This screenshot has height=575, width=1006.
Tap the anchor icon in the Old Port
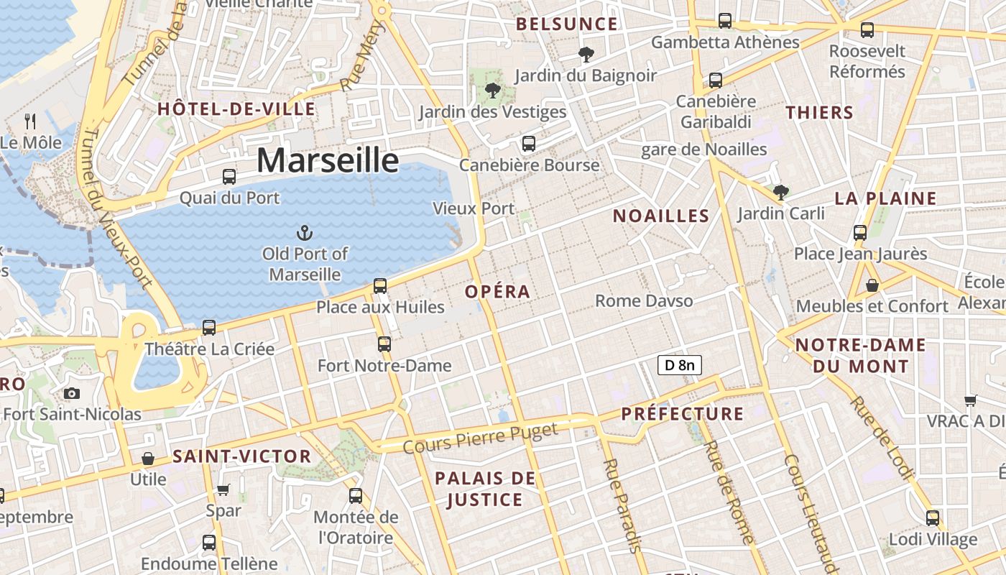[x=305, y=232]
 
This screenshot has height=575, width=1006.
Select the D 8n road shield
[x=679, y=365]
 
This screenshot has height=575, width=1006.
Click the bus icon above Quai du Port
[x=229, y=176]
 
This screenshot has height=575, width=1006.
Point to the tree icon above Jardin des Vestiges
[x=492, y=90]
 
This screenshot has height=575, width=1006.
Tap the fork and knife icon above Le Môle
[x=30, y=120]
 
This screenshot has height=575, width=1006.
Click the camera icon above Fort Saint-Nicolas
[x=72, y=393]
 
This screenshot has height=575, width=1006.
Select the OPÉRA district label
[x=497, y=292]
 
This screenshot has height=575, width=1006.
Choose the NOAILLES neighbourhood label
[x=661, y=216]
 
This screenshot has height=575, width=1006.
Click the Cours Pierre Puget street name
[x=480, y=438]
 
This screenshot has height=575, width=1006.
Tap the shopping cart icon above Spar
[x=223, y=489]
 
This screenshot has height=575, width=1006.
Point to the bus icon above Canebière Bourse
[x=529, y=143]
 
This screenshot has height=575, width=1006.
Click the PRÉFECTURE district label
[x=682, y=414]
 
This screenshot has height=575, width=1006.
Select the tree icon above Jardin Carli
[x=780, y=192]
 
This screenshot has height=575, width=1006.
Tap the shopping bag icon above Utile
[x=148, y=458]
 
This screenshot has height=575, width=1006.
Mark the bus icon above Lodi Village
[x=933, y=517]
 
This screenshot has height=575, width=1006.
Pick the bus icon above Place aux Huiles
[x=380, y=286]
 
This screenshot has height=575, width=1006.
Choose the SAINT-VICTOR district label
[x=241, y=456]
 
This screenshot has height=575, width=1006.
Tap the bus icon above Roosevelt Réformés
[x=867, y=29]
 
